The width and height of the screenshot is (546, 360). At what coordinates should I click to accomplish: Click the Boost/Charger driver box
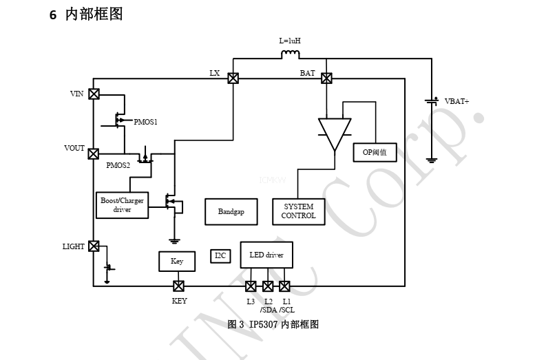122,204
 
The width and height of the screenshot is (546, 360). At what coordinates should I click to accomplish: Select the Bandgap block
231,211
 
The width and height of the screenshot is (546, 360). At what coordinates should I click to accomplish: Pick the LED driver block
266,255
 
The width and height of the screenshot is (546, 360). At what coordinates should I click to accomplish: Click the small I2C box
220,256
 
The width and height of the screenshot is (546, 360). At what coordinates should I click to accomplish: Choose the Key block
177,262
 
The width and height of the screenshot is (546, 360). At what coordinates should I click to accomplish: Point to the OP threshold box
375,152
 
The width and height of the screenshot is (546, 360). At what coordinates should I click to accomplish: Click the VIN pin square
94,94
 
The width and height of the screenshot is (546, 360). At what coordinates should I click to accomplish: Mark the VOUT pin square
94,153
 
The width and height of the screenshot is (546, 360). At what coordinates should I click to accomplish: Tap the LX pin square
233,78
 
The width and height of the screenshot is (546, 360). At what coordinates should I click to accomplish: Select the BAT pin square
326,78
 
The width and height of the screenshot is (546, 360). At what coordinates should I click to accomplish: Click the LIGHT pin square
94,246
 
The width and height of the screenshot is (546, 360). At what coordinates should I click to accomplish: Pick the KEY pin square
178,286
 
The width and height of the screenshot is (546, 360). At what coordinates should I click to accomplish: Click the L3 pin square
251,286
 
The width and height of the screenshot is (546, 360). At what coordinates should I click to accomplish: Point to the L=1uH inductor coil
291,54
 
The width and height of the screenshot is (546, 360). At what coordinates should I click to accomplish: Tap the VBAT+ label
456,101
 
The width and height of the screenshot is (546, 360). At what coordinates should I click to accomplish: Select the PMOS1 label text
145,122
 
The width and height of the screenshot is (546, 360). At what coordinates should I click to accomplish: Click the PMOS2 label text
118,165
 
